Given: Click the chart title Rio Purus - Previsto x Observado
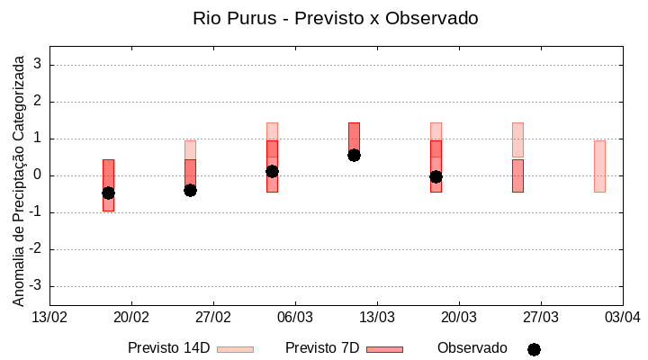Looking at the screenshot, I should [x=336, y=18].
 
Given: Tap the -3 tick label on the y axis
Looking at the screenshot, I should [x=36, y=286].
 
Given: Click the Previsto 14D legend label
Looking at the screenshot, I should [x=168, y=348].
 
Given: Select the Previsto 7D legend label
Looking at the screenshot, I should [x=322, y=348].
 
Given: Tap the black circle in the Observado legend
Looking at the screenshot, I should [x=534, y=349].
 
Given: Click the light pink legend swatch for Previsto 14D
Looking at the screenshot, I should [x=235, y=349].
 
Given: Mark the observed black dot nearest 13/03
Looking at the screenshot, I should [x=354, y=155].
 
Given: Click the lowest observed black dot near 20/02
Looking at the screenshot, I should [x=108, y=193].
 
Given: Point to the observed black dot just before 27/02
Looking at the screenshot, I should [x=190, y=190].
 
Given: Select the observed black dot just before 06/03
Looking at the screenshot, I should [x=272, y=171].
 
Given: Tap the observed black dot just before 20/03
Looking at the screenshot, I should [x=436, y=176].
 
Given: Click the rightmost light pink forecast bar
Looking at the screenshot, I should [x=599, y=166].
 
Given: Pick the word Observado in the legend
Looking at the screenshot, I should [x=472, y=348].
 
